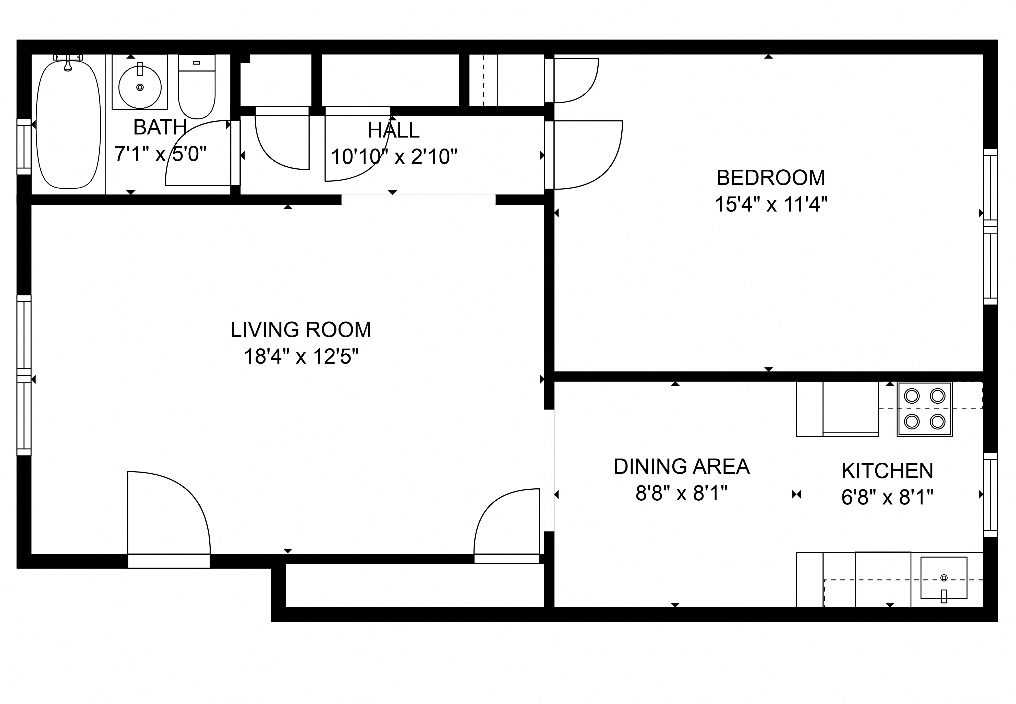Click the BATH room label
coord(160,128)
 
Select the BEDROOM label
coord(770,178)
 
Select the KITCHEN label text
coord(887,471)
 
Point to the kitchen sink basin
coord(944,577)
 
